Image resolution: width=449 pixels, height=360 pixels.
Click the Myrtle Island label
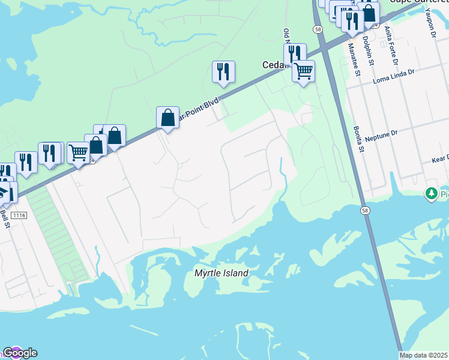[x=221, y=274]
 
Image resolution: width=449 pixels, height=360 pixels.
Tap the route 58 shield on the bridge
[x=365, y=211]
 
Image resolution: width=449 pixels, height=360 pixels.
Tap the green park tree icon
[x=430, y=194]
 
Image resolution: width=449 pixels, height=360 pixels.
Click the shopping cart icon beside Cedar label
[x=303, y=71]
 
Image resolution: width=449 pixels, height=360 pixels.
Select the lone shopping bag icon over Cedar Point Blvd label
[x=167, y=117]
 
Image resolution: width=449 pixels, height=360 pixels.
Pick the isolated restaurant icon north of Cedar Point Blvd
[x=223, y=72]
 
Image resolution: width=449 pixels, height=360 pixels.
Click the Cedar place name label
[x=273, y=65]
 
